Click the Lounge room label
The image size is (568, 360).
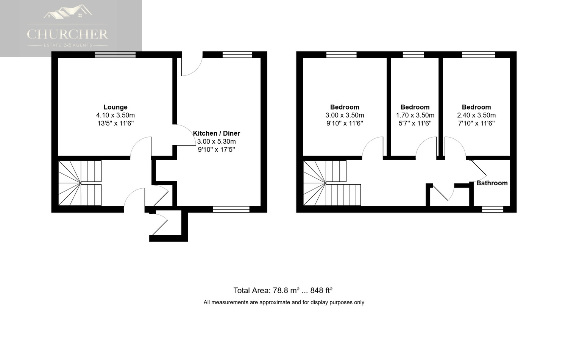point(115,107)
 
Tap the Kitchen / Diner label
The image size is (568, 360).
point(216,133)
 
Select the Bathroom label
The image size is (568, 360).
point(492,183)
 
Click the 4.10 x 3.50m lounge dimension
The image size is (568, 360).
point(115,115)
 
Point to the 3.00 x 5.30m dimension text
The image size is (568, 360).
point(216,141)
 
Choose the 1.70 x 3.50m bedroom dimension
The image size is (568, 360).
point(415,115)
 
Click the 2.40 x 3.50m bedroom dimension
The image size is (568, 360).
point(476,115)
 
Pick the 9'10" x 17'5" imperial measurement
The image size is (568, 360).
point(216,150)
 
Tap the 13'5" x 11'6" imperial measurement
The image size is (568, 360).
point(115,124)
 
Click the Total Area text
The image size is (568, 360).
point(283,291)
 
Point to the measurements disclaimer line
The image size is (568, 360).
point(284,302)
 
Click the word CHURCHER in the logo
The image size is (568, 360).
point(67,34)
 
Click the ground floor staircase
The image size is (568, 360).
point(80,183)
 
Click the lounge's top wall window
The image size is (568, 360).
point(115,55)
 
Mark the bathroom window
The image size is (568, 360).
point(492,209)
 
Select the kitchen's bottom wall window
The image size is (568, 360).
point(231,209)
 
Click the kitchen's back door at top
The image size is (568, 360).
point(192,64)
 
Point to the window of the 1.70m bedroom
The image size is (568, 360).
point(414,55)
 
